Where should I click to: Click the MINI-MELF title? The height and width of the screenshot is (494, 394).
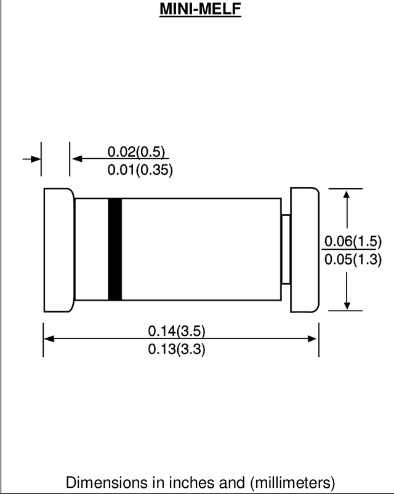pos(200,9)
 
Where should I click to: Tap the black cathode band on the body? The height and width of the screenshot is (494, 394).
pos(115,249)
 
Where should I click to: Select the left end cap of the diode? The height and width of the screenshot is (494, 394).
pos(59,250)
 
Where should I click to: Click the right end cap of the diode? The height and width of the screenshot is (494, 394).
pos(305,250)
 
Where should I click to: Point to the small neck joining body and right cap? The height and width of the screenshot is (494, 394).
pos(286,249)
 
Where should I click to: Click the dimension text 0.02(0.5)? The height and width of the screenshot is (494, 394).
pos(136,151)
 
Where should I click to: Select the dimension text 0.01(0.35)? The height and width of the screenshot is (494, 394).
pos(140,170)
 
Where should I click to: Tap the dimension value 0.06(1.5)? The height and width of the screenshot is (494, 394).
pos(353,241)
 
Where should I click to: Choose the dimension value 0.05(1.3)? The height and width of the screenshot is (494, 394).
pos(353,260)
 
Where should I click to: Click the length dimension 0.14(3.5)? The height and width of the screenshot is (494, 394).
pos(177,331)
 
